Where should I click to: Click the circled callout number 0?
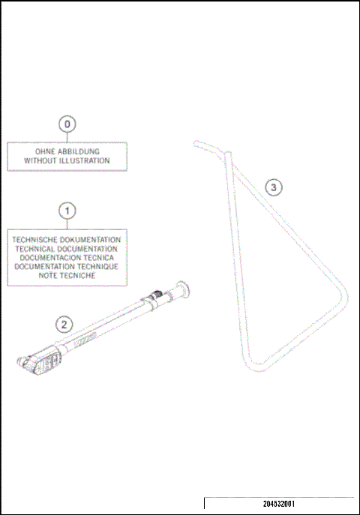pos(67,123)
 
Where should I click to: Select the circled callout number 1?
pos(67,210)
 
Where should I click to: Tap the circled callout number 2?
pos(65,324)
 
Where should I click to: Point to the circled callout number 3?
pos(274,187)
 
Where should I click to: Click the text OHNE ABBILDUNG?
pos(67,151)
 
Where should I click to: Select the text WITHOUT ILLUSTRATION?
pos(67,160)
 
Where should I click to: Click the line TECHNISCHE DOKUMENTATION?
pos(67,239)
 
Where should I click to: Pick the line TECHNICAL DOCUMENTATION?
pos(67,248)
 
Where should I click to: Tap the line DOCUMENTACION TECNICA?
pos(67,257)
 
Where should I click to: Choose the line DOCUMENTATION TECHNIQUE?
pos(67,266)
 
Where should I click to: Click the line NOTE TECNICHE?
pos(67,275)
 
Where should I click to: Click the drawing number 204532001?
pos(278,505)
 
